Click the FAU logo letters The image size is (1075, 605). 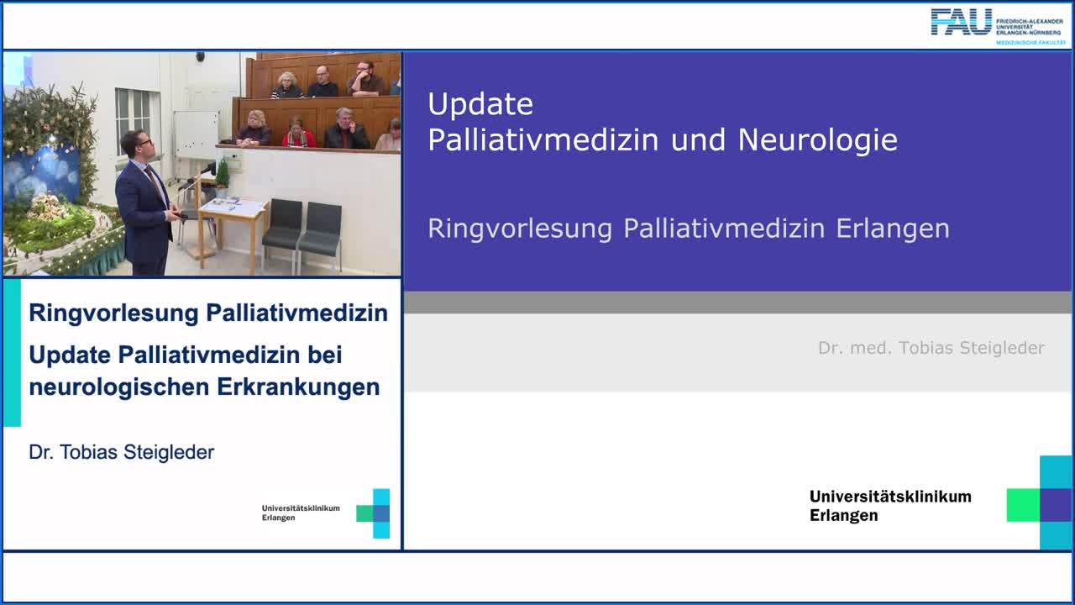(x=961, y=22)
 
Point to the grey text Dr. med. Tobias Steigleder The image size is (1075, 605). (x=931, y=348)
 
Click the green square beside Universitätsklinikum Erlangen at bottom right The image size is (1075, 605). (x=1023, y=505)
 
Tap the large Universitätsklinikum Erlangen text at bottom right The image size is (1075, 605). (x=889, y=506)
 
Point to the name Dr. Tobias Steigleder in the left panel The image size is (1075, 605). (x=122, y=452)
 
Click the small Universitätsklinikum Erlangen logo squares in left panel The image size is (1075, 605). (x=375, y=513)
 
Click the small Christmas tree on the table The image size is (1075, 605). (x=222, y=174)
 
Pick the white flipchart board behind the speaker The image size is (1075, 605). (x=195, y=134)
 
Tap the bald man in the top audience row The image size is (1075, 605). (x=322, y=82)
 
